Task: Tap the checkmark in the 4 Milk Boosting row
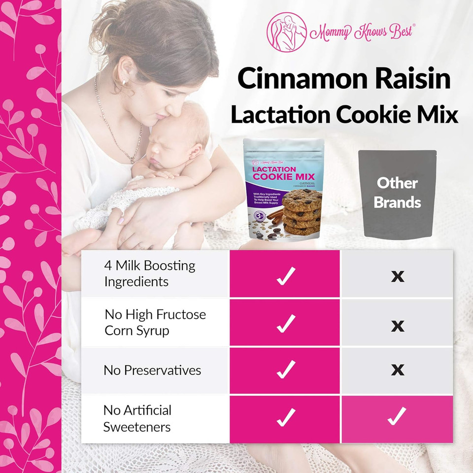tap(285, 276)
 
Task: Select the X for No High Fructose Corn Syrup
tap(397, 326)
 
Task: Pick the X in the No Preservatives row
tap(397, 370)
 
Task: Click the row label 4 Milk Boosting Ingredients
tap(149, 274)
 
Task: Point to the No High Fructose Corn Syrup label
tap(155, 322)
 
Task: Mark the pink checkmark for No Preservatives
tap(285, 370)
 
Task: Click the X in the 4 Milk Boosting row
tap(397, 276)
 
